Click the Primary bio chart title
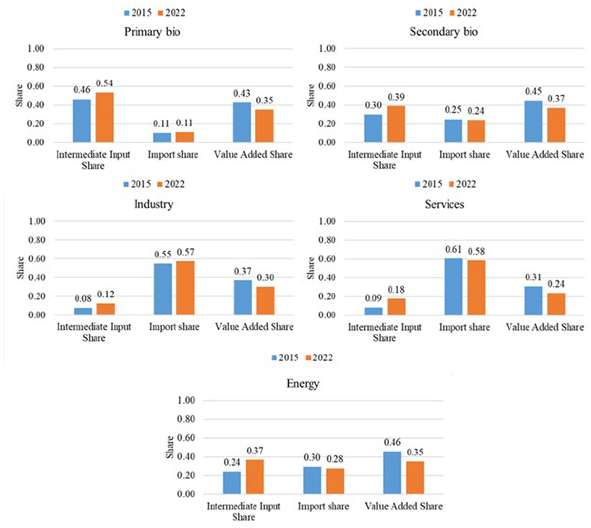coord(152,32)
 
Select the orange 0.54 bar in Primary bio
coord(104,118)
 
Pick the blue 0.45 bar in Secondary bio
coord(533,121)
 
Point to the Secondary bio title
coord(443,32)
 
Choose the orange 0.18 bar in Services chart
coord(396,307)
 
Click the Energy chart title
coord(303,384)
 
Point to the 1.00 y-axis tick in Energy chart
coord(186,401)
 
